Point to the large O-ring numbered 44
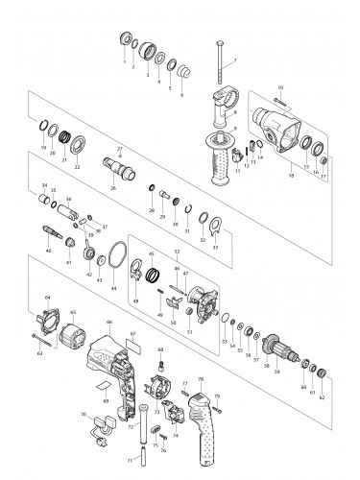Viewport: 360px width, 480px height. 116,260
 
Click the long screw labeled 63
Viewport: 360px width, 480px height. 45,337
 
